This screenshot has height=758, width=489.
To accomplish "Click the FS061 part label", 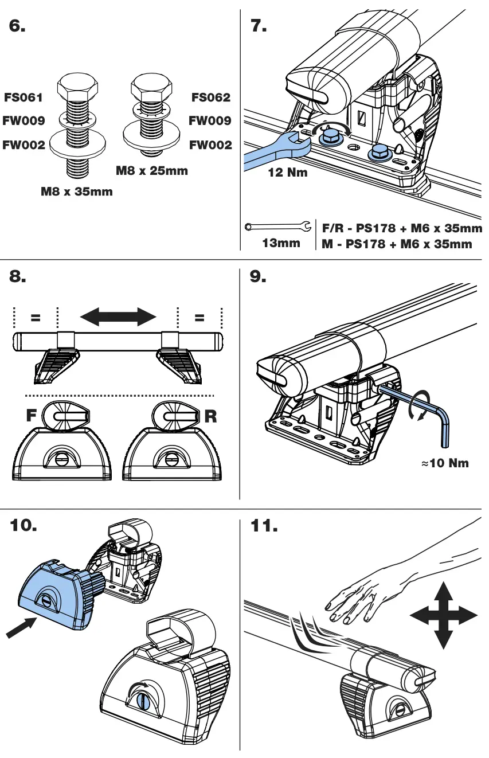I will pyautogui.click(x=24, y=97).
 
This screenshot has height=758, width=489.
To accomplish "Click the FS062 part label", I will pyautogui.click(x=210, y=97).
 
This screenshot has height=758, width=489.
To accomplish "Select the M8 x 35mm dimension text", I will pyautogui.click(x=76, y=192).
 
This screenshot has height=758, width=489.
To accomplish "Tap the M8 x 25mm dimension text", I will pyautogui.click(x=151, y=170).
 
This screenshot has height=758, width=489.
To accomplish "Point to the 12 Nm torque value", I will pyautogui.click(x=288, y=173).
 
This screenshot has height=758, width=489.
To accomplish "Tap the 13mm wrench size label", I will pyautogui.click(x=281, y=243).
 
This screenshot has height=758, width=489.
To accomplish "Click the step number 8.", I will pyautogui.click(x=18, y=277).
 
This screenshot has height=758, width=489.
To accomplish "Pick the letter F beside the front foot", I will pyautogui.click(x=32, y=416).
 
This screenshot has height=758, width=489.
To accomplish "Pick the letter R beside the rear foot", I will pyautogui.click(x=211, y=416).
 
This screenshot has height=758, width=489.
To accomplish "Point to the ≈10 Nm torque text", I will pyautogui.click(x=445, y=463).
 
